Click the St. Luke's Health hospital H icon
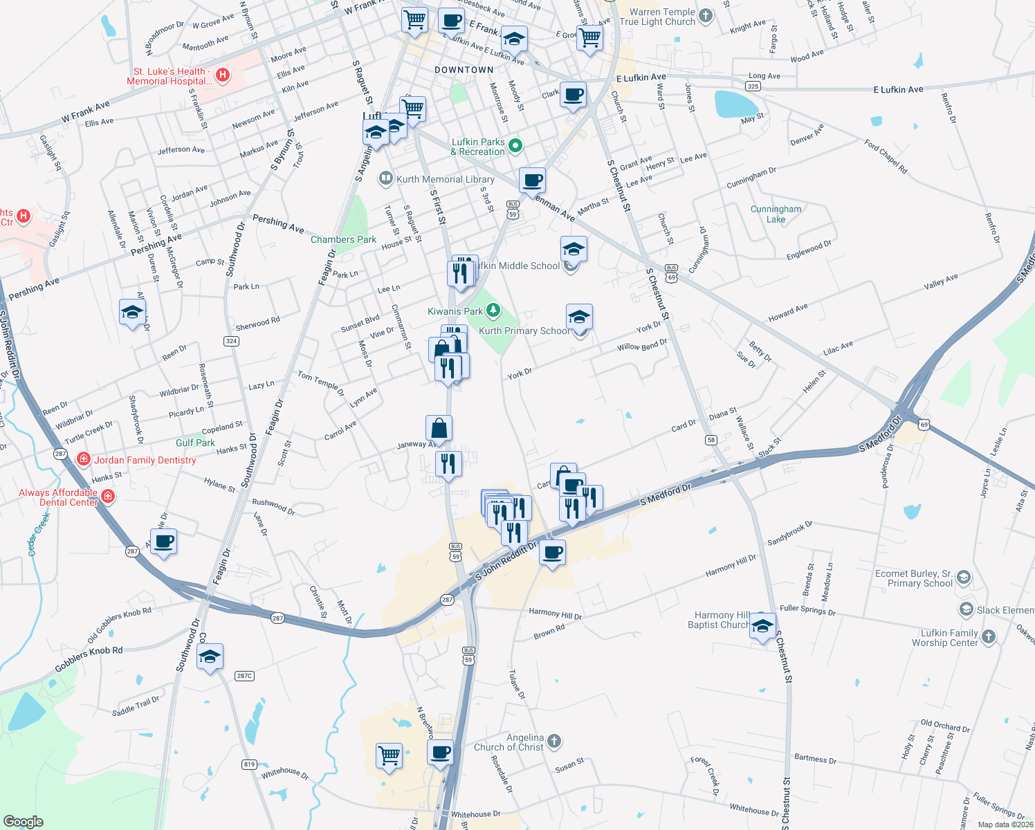point(223,75)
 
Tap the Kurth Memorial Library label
point(445,179)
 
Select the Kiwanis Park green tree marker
point(493,311)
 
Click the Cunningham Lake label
point(776,214)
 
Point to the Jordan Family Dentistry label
point(145,460)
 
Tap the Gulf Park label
point(195,443)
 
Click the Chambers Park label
point(343,239)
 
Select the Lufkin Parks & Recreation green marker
point(515,146)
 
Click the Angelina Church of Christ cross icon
point(553,741)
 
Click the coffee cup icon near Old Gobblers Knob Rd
point(164,542)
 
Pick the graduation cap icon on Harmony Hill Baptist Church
point(762,626)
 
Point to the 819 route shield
point(249,764)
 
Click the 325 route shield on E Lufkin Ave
point(753,86)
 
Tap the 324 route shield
point(231,341)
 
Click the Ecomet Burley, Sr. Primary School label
point(913,578)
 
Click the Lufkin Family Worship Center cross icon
point(989,637)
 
